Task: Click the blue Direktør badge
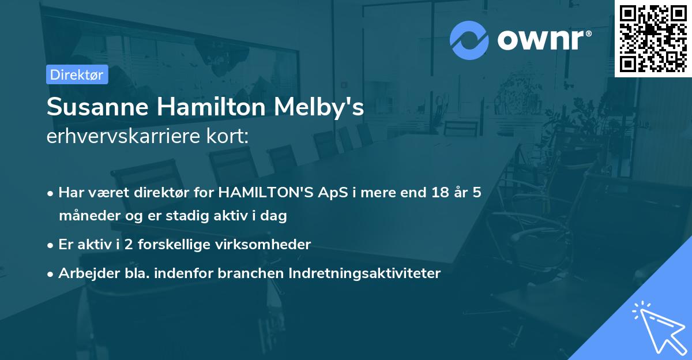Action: point(77,75)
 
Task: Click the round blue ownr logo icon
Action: point(469,40)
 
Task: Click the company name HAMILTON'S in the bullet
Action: point(264,193)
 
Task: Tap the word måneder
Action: point(86,216)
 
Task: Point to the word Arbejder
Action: point(84,273)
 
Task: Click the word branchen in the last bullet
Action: point(251,273)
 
